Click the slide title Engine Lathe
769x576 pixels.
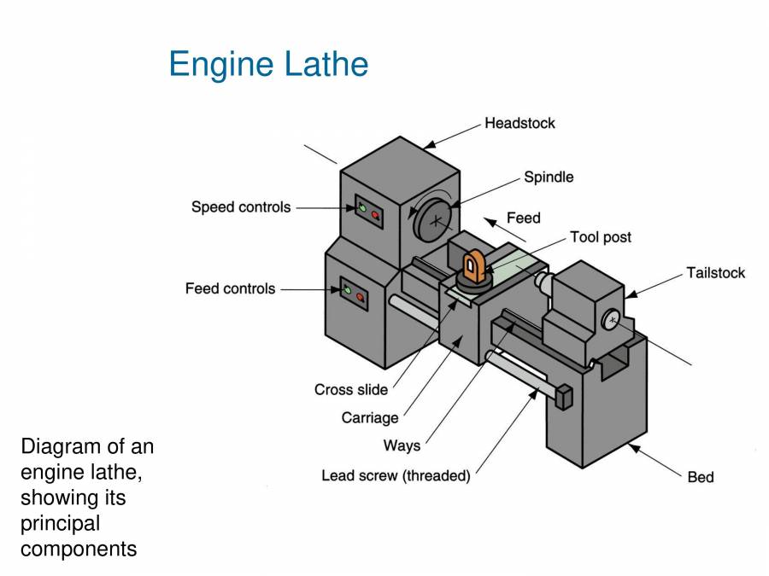coord(268,65)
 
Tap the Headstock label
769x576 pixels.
coord(520,123)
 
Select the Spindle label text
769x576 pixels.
coord(549,177)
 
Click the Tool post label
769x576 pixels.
coord(601,237)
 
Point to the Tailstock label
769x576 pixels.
coord(715,273)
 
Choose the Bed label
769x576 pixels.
coord(700,477)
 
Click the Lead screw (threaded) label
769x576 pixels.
coord(396,476)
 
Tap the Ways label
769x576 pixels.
coord(402,445)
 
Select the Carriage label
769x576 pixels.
coord(370,418)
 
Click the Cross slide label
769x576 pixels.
coord(351,390)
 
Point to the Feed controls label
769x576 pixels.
coord(230,288)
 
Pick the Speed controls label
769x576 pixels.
coord(241,207)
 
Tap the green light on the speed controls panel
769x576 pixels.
coord(361,207)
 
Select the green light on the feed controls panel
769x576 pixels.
coord(347,291)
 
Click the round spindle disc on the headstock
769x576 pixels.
coord(437,220)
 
